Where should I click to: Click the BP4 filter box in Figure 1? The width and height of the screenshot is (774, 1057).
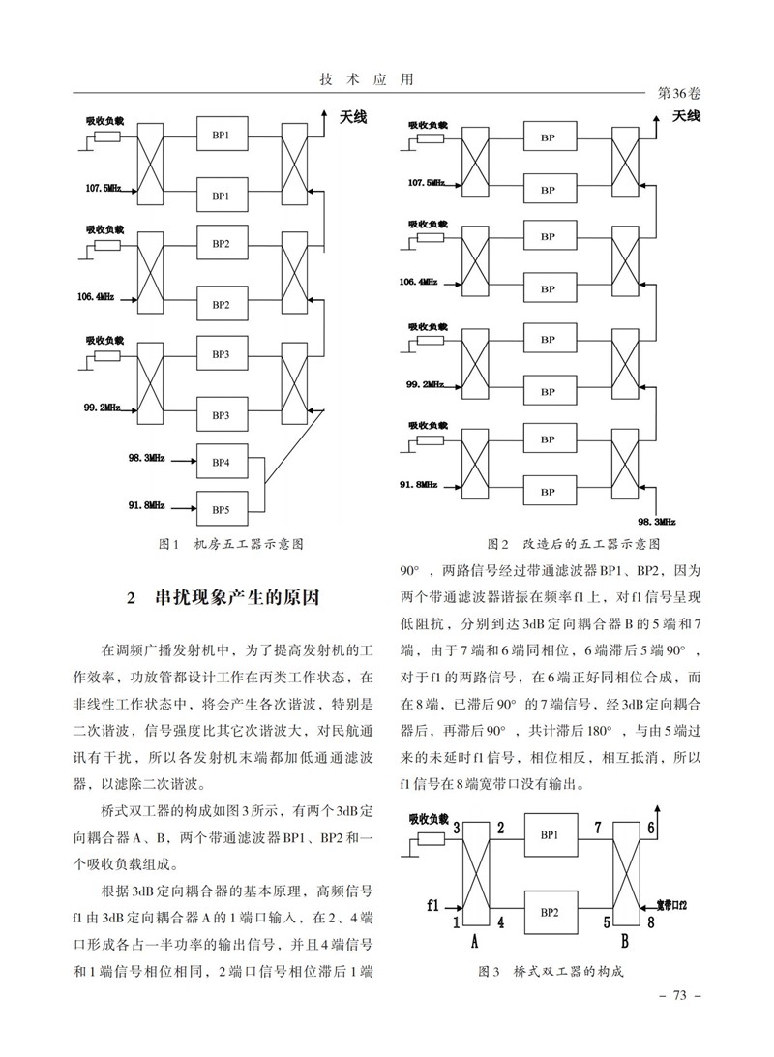tap(222, 462)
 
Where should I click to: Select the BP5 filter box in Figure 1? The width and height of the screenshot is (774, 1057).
tap(222, 509)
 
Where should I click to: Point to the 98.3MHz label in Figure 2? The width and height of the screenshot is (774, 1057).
tap(656, 520)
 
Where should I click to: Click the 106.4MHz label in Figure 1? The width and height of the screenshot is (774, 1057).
tap(101, 296)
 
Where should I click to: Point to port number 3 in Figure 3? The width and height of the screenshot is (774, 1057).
tap(456, 827)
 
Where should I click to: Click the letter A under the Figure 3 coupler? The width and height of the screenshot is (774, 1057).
tap(474, 940)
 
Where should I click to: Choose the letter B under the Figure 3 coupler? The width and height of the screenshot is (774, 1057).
tap(624, 940)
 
